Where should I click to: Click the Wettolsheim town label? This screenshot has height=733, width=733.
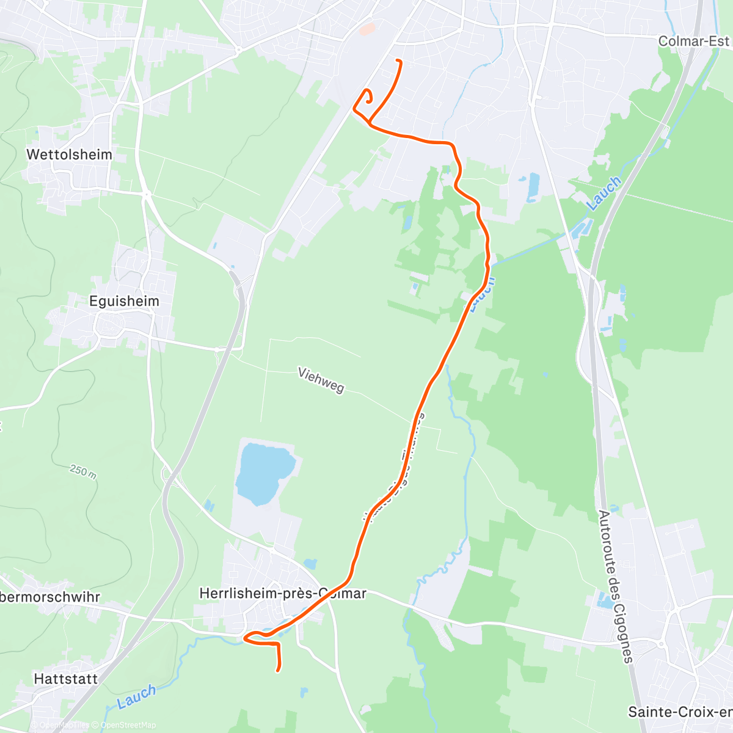coord(69,155)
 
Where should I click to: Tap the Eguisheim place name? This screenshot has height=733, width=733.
coord(124,301)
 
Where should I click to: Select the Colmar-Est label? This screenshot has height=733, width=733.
coord(693,41)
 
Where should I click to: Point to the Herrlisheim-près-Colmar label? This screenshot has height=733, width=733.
coord(283,593)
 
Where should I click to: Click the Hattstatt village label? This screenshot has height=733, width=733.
coord(66,679)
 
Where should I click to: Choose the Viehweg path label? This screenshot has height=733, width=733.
coord(321,380)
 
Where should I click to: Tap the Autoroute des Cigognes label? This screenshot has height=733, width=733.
coord(613,586)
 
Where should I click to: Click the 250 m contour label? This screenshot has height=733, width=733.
coord(83,471)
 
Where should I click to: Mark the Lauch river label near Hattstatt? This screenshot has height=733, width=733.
coord(136,696)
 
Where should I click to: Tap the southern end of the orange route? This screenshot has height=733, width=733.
coord(279,671)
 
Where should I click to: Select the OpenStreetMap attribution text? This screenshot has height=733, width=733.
coord(128,725)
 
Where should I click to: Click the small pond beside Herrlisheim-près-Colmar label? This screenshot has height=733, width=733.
coord(310,564)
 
